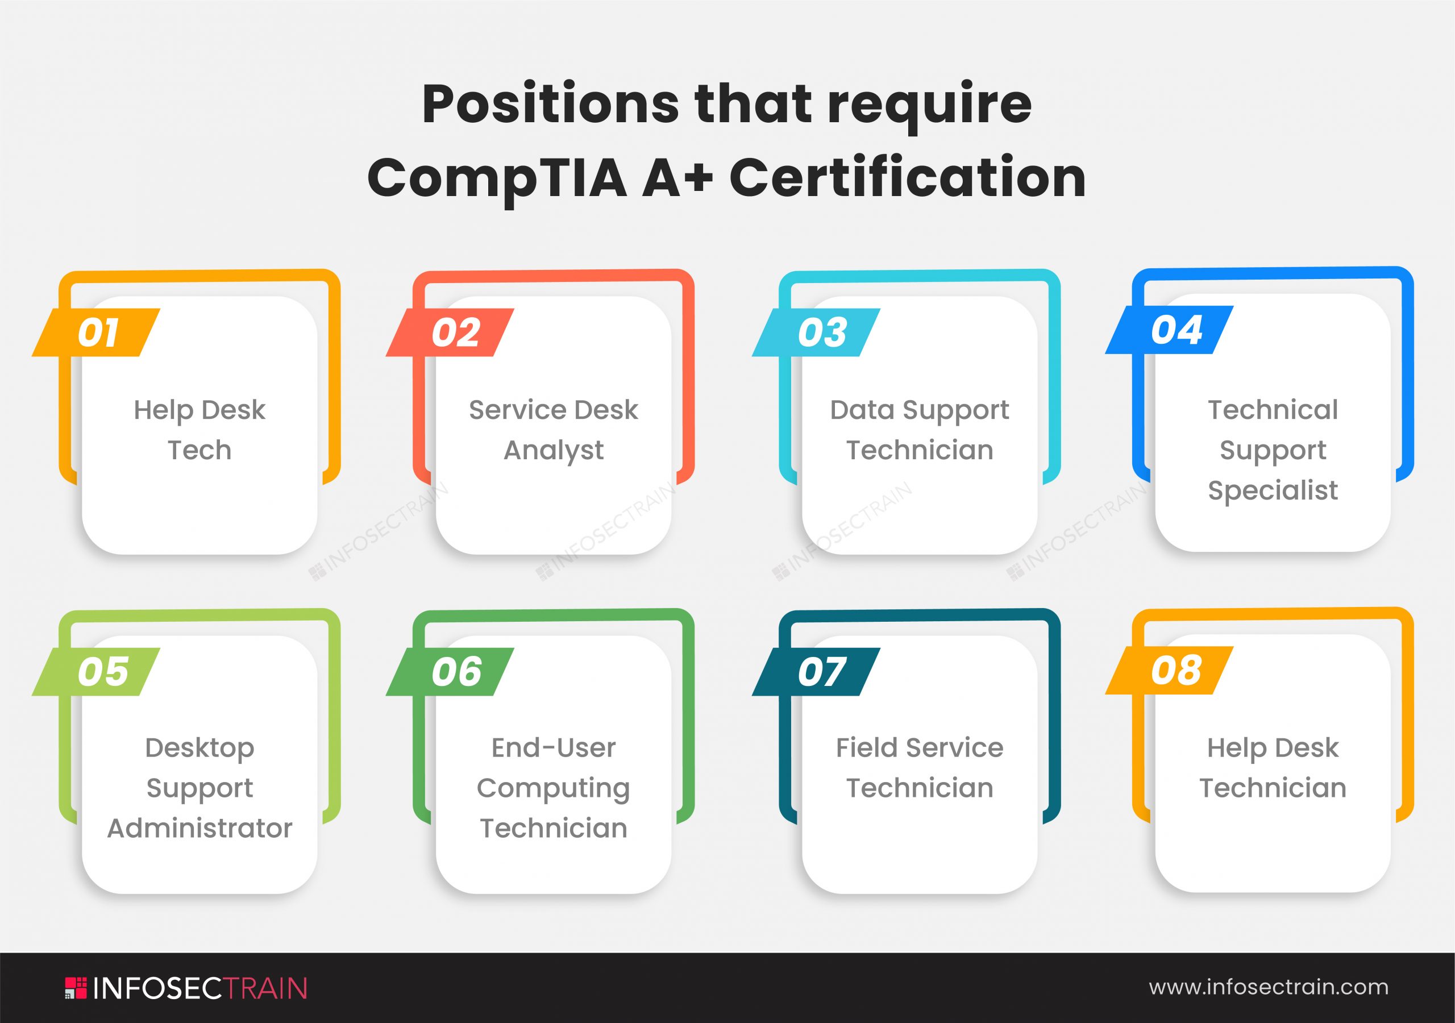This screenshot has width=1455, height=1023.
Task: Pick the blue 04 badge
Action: tap(1171, 330)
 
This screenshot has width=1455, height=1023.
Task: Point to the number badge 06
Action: tap(451, 671)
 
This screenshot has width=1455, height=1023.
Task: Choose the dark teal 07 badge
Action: tap(817, 671)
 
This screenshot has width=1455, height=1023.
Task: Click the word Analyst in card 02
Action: tap(553, 451)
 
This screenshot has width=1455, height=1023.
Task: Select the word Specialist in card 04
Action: tap(1273, 490)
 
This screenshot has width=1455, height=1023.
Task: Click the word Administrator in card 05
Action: tap(199, 829)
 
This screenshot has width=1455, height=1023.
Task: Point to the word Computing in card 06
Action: tap(553, 789)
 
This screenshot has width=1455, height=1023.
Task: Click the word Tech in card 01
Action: tap(199, 451)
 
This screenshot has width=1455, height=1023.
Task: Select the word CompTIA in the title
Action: tap(497, 178)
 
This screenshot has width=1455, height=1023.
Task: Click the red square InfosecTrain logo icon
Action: tap(76, 988)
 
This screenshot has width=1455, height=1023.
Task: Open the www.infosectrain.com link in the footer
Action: tap(1269, 987)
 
